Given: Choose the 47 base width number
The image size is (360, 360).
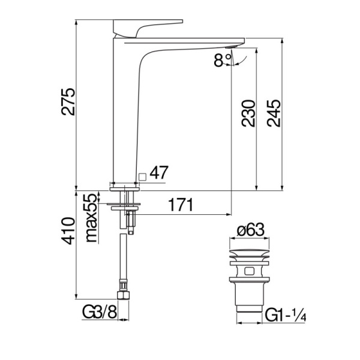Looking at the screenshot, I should pyautogui.click(x=158, y=173).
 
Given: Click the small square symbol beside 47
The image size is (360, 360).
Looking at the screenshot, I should pyautogui.click(x=142, y=176).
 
